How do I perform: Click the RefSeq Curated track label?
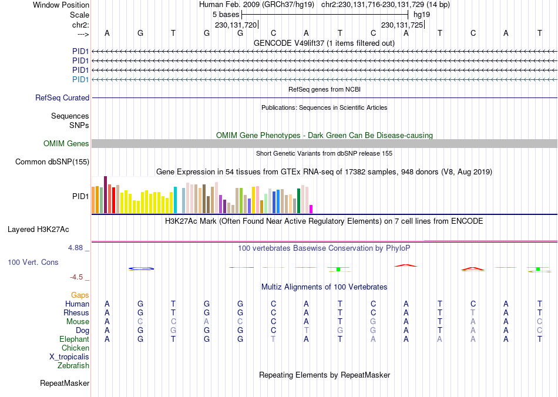click(x=62, y=98)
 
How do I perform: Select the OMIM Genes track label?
click(x=66, y=144)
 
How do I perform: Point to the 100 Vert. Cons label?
click(x=33, y=262)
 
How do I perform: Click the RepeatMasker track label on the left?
click(x=65, y=383)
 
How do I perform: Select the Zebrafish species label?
click(x=73, y=366)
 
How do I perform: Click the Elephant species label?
click(x=74, y=339)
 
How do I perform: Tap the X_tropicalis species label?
click(x=69, y=357)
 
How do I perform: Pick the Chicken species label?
click(x=75, y=348)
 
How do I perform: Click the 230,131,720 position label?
click(x=236, y=25)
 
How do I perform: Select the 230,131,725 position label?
click(x=402, y=25)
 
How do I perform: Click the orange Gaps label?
click(x=80, y=295)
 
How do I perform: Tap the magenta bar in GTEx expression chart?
click(x=311, y=208)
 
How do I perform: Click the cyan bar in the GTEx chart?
click(x=175, y=200)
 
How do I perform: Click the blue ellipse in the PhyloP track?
click(x=141, y=269)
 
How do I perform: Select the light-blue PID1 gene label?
click(x=80, y=79)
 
